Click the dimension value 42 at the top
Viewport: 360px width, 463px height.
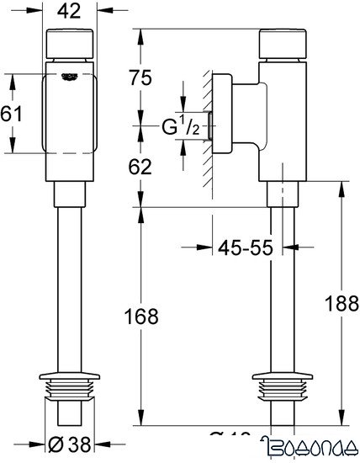tap(71, 13)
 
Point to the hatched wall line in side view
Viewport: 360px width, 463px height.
tap(204, 126)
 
